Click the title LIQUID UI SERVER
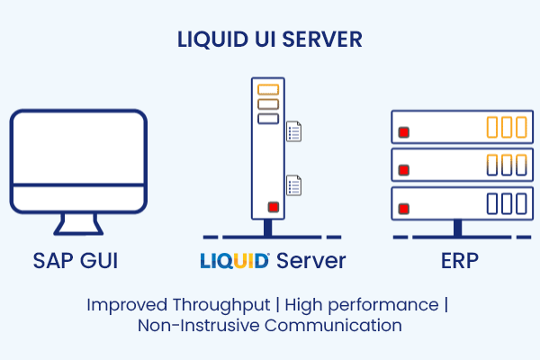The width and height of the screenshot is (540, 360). (x=270, y=40)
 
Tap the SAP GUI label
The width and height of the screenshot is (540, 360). (x=76, y=262)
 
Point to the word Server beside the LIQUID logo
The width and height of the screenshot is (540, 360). (x=310, y=262)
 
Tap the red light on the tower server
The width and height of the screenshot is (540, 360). (x=272, y=207)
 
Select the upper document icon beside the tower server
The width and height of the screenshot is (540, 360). (x=294, y=132)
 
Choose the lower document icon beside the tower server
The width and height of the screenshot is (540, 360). (x=294, y=185)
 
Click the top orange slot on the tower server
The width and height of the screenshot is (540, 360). (x=268, y=90)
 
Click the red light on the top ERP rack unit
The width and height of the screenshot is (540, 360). (x=404, y=132)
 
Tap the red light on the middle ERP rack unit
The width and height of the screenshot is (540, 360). (x=404, y=169)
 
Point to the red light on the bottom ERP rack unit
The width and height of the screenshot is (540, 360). (x=404, y=207)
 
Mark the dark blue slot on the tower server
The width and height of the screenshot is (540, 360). (x=268, y=118)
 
